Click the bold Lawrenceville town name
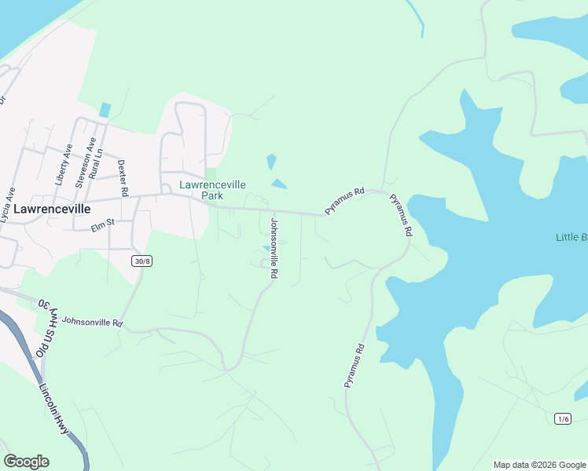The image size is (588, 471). pyautogui.click(x=52, y=210)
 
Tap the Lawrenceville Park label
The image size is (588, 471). pyautogui.click(x=212, y=190)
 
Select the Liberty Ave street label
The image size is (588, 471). pyautogui.click(x=64, y=164)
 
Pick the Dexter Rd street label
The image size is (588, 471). pyautogui.click(x=122, y=177)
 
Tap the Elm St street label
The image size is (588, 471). pyautogui.click(x=102, y=223)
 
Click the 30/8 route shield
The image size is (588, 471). pyautogui.click(x=141, y=261)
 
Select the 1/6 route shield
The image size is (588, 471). pyautogui.click(x=562, y=418)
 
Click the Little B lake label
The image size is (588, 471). pyautogui.click(x=571, y=237)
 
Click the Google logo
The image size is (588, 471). pyautogui.click(x=26, y=462)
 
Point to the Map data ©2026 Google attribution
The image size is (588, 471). pyautogui.click(x=540, y=465)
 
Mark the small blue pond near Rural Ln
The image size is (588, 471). pyautogui.click(x=105, y=111)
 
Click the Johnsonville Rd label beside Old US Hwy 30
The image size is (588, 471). pyautogui.click(x=92, y=322)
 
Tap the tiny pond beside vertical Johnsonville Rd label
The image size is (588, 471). pyautogui.click(x=264, y=248)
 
